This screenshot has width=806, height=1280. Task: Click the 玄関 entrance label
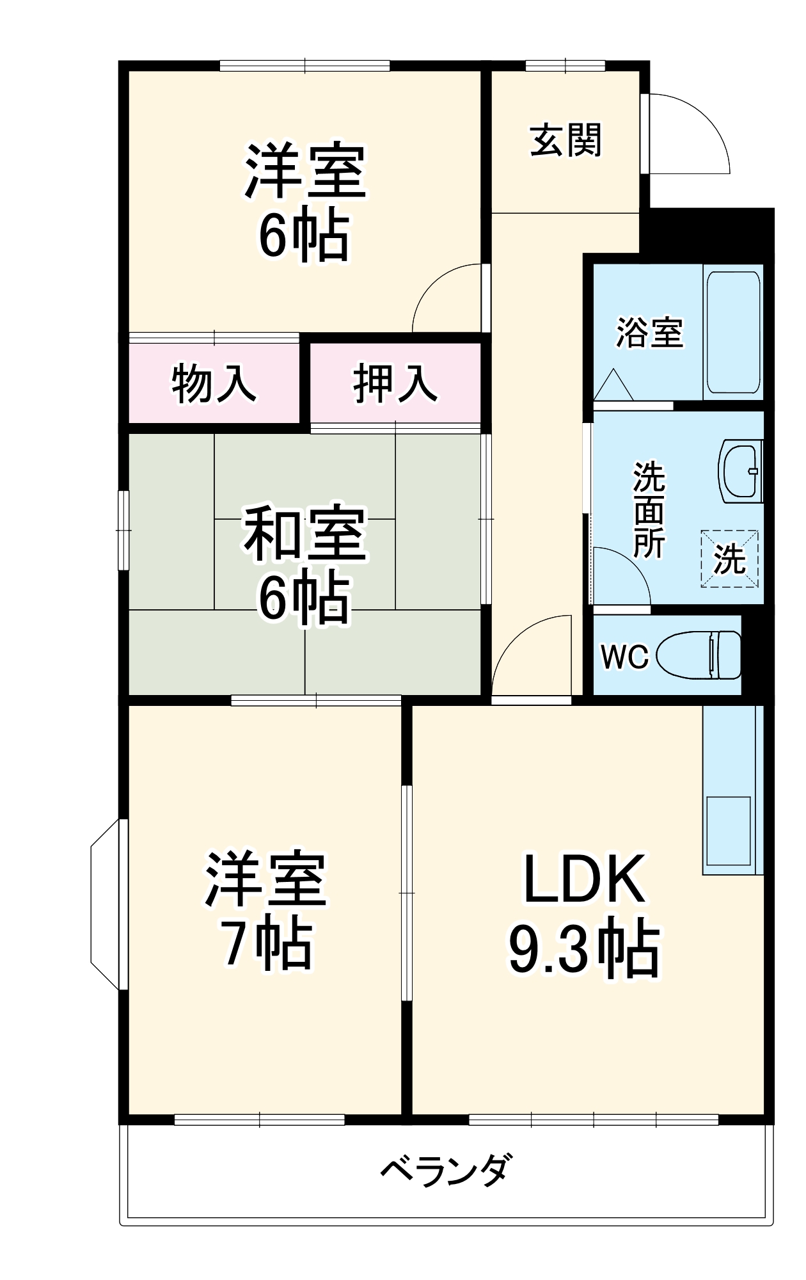(566, 141)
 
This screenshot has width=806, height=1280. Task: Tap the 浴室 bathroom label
(649, 333)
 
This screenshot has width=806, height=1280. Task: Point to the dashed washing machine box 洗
(730, 559)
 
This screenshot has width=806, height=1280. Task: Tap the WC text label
(624, 656)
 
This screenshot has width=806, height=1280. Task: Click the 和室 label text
(304, 533)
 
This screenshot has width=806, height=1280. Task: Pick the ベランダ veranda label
(446, 1171)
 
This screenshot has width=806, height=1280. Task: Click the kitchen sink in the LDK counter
(728, 831)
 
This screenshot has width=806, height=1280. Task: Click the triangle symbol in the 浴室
(613, 385)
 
